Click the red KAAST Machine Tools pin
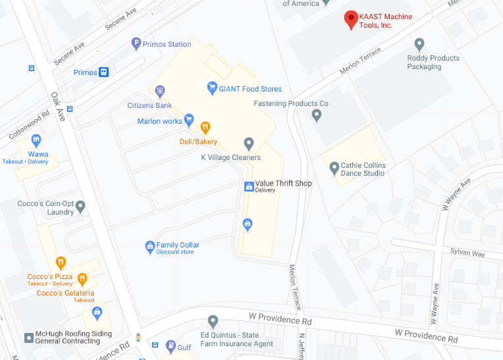352,19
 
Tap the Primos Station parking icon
136,44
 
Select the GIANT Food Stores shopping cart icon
212,88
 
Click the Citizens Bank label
149,105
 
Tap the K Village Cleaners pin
249,143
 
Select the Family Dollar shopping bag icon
149,247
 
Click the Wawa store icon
36,140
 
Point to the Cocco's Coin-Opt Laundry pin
80,207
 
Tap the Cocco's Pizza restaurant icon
61,263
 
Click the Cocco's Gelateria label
65,293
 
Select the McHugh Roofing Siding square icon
28,338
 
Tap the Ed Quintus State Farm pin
213,322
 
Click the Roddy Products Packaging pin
419,44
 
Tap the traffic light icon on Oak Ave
138,338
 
